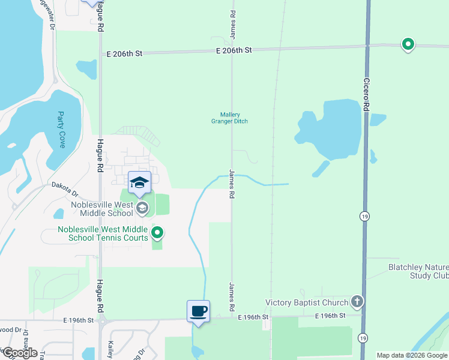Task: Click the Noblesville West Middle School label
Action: click(102, 208)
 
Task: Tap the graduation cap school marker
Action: click(139, 182)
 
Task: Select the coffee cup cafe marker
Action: click(199, 311)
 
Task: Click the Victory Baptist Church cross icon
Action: click(357, 301)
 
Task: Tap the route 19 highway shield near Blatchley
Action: click(364, 215)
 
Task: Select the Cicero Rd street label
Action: click(366, 92)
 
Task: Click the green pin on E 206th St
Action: click(408, 44)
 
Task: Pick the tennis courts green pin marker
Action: click(157, 232)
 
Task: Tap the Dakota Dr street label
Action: click(65, 190)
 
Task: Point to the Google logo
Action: click(20, 353)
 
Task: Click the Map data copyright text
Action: click(412, 355)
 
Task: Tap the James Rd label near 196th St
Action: click(231, 296)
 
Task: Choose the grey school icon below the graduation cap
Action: click(142, 208)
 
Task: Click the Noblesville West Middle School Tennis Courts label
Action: click(103, 233)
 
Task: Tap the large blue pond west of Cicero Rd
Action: click(330, 127)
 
